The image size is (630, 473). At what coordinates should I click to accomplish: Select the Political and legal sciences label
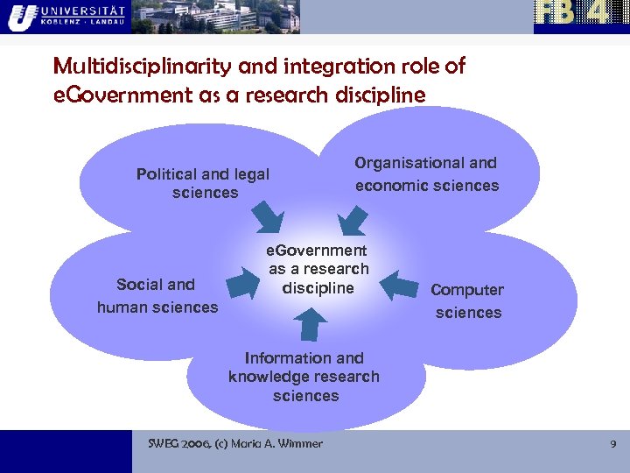(203, 184)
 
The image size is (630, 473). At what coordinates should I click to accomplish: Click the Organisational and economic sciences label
(426, 174)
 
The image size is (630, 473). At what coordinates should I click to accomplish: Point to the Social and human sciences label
(157, 295)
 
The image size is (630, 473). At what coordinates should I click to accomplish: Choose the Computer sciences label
(467, 301)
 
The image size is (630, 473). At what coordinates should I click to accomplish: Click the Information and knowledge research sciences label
(304, 377)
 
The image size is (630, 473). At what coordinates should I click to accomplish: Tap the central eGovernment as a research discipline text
(318, 269)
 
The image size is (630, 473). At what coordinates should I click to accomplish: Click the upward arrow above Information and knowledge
(307, 325)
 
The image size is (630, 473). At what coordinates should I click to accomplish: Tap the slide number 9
(612, 444)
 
